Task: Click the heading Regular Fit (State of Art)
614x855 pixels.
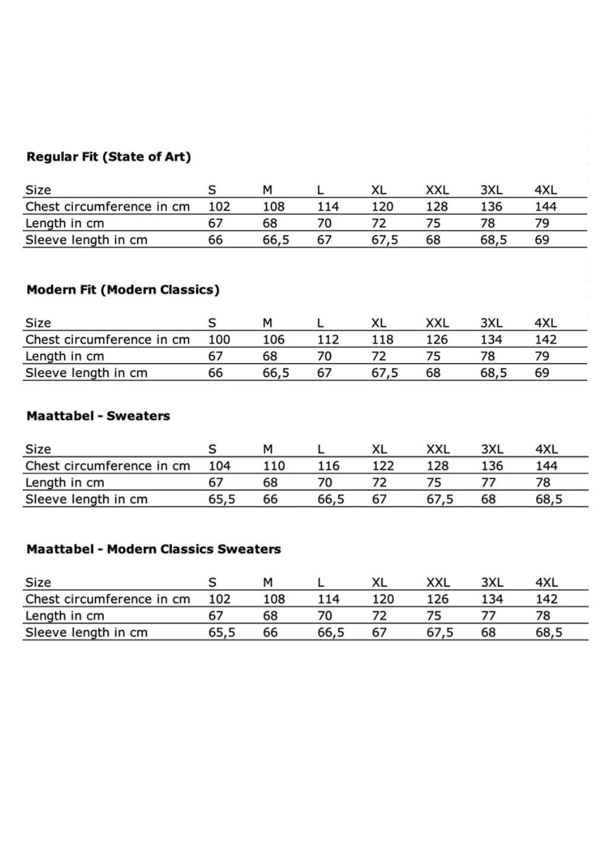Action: tap(109, 157)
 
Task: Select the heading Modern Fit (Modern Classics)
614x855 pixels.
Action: tap(123, 290)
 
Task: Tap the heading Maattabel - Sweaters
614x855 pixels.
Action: tap(98, 416)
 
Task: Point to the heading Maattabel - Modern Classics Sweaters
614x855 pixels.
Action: tap(154, 549)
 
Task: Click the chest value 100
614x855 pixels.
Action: tap(219, 340)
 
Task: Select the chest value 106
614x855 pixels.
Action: tap(273, 340)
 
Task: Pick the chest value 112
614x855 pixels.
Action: tap(328, 340)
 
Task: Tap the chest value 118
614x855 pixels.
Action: tap(383, 340)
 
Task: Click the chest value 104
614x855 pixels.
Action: tap(219, 466)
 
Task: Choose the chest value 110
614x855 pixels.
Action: tap(274, 466)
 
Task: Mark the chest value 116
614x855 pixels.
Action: tap(329, 466)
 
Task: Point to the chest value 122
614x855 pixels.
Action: tap(383, 466)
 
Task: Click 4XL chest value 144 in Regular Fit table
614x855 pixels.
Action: tap(546, 207)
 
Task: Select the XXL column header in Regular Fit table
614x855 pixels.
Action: tap(437, 191)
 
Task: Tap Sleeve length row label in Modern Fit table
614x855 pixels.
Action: tap(86, 373)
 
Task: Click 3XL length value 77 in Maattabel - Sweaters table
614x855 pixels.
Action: tap(489, 483)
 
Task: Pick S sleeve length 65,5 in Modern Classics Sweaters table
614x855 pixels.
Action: tap(222, 633)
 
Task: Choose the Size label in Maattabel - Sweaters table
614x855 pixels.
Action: tap(39, 449)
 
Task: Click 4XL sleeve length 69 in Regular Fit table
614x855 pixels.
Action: tap(542, 240)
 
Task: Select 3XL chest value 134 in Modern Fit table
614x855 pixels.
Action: tap(491, 340)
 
